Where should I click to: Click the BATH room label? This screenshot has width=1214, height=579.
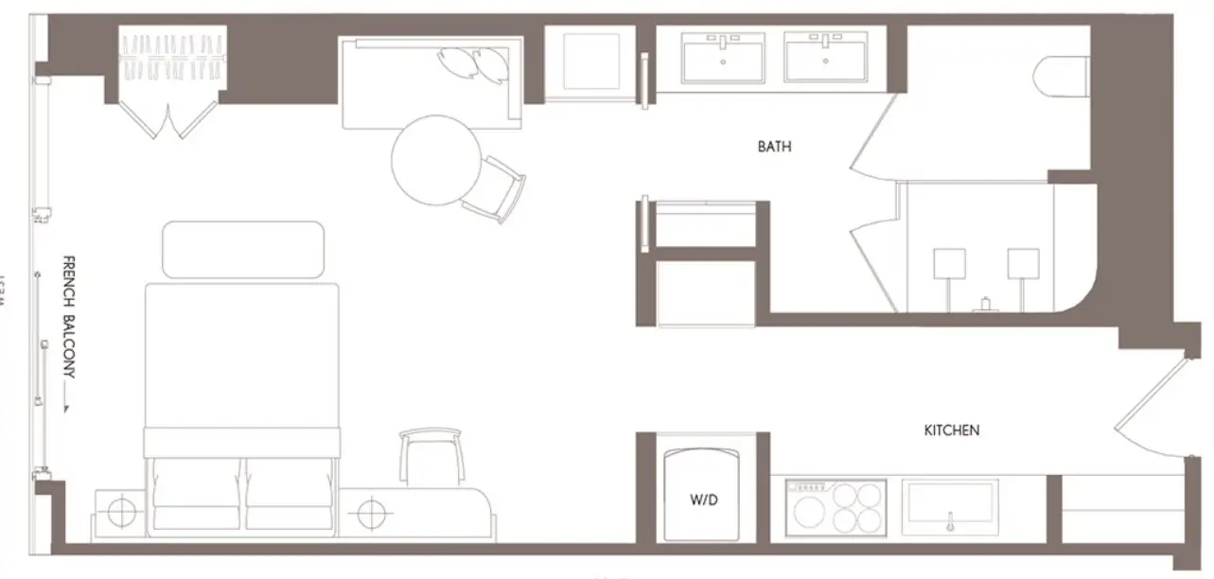(774, 147)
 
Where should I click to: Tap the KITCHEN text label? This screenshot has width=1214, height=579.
(951, 430)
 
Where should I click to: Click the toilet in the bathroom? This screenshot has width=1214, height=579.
(1064, 77)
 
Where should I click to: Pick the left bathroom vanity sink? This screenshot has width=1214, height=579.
(723, 56)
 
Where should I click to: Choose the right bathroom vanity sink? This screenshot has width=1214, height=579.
(825, 56)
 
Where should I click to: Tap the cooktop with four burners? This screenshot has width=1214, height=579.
(836, 507)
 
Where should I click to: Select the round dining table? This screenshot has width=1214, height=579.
(436, 160)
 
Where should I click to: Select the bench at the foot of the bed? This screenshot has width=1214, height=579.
(244, 250)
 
